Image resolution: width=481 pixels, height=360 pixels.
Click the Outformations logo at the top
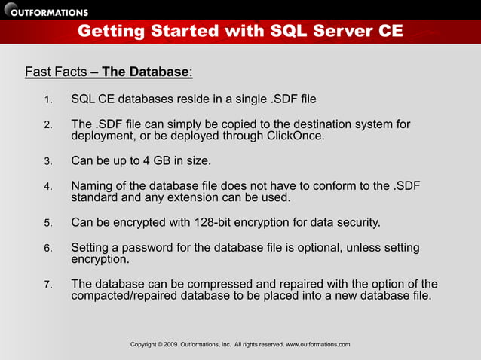[47, 11]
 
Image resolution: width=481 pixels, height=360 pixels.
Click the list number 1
[47, 100]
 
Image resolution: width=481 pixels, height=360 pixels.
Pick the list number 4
[47, 186]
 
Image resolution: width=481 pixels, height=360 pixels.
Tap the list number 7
[47, 285]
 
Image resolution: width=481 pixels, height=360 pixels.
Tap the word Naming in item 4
[93, 185]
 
